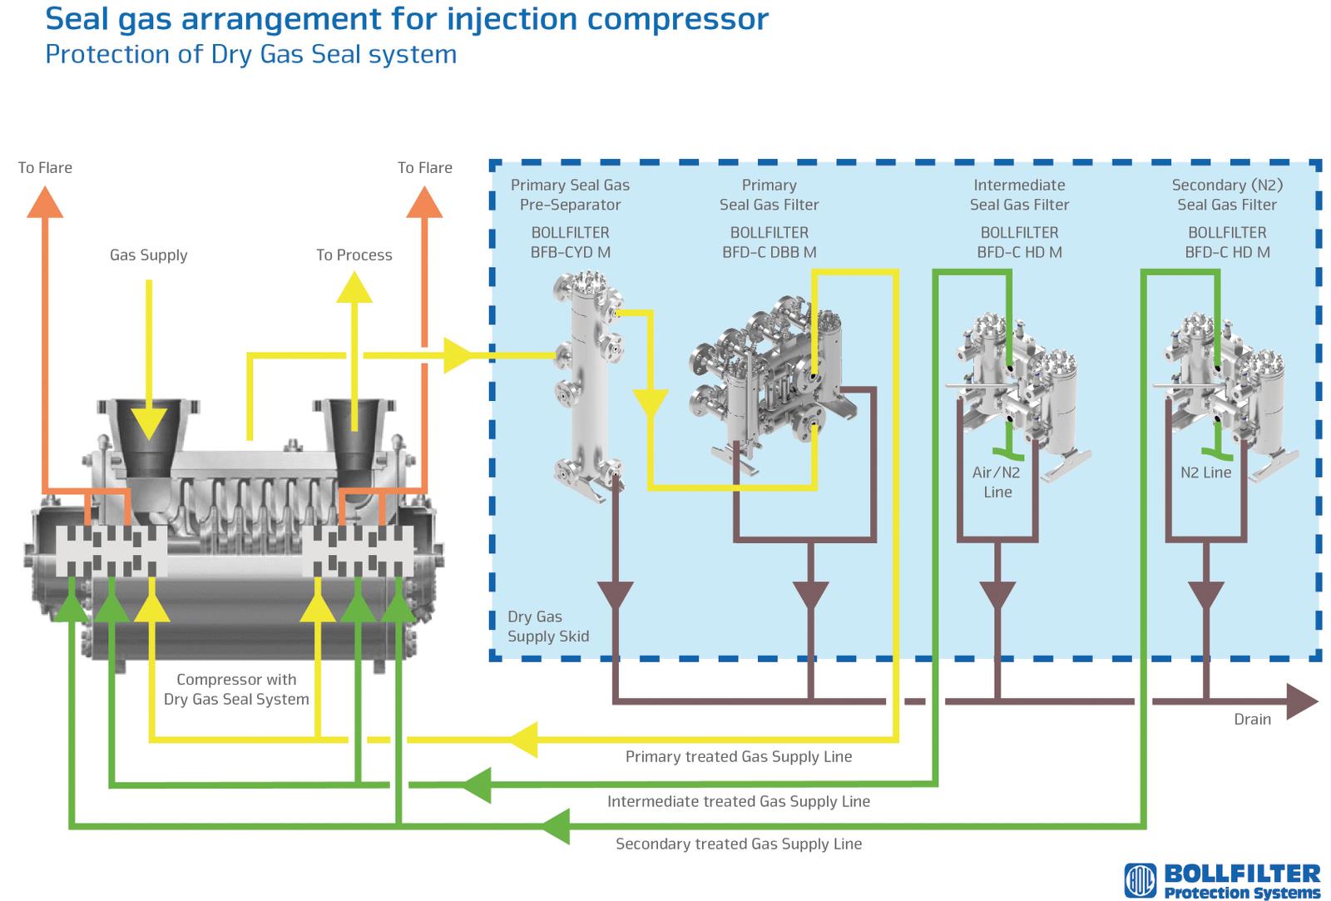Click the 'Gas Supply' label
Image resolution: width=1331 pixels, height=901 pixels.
[x=149, y=255]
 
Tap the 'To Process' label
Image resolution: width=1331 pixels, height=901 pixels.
[x=354, y=255]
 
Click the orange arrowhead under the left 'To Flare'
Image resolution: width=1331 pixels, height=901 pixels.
[x=45, y=202]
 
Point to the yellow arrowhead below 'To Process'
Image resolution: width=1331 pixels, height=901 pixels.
[x=354, y=287]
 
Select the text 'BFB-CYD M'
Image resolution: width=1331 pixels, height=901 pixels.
[x=571, y=253]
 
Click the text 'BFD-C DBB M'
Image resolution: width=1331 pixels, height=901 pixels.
[x=769, y=253]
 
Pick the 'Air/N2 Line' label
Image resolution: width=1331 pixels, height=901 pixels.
[x=997, y=482]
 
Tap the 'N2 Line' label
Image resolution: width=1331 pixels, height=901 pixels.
[x=1205, y=473]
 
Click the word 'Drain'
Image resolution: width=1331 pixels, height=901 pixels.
[x=1253, y=719]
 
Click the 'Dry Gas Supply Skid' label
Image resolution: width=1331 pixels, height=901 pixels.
[x=548, y=626]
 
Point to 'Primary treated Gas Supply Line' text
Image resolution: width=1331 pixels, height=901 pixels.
[x=739, y=756]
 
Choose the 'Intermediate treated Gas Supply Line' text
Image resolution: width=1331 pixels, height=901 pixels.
[x=739, y=801]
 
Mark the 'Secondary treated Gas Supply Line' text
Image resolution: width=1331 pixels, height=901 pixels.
[x=739, y=844]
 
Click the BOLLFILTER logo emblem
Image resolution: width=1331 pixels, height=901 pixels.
[x=1141, y=880]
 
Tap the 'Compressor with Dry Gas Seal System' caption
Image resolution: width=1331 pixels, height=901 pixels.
[x=236, y=690]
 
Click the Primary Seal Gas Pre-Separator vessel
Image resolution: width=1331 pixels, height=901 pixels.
[x=588, y=386]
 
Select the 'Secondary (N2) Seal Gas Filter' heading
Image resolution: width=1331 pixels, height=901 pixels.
[x=1227, y=195]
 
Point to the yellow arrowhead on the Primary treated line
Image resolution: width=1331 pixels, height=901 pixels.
[x=523, y=740]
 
